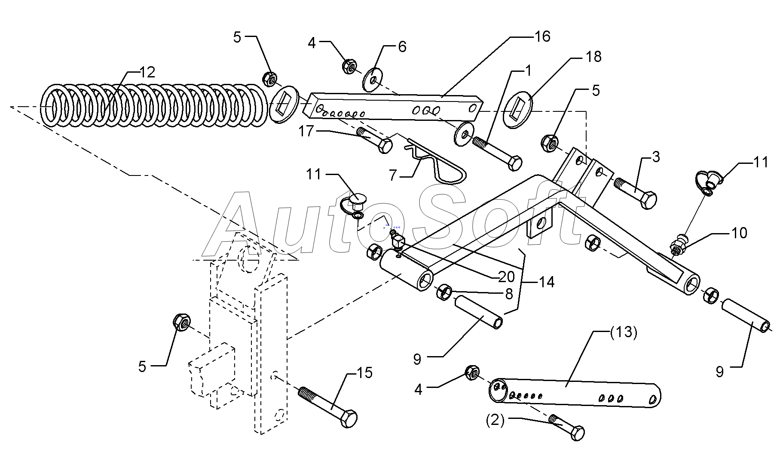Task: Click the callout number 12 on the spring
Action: (147, 72)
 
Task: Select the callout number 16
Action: (543, 37)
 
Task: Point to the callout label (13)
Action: (623, 332)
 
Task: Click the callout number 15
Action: (364, 373)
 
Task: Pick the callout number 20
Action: (507, 276)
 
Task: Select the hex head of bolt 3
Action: (648, 200)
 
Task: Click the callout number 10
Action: (739, 233)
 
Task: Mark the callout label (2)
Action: (495, 420)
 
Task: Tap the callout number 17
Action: (307, 131)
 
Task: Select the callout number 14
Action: (547, 282)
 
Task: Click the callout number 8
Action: (509, 294)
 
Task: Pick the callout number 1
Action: (528, 71)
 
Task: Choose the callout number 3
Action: (655, 157)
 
